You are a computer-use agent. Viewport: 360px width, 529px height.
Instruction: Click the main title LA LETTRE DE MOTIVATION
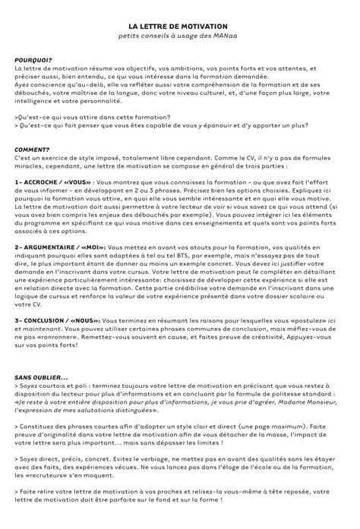pos(180,25)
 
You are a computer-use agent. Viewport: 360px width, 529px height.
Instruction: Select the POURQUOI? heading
pos(33,59)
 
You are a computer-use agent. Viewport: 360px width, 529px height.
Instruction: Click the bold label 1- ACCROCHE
pos(34,183)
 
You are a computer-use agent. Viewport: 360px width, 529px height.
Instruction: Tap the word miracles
pos(29,165)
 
